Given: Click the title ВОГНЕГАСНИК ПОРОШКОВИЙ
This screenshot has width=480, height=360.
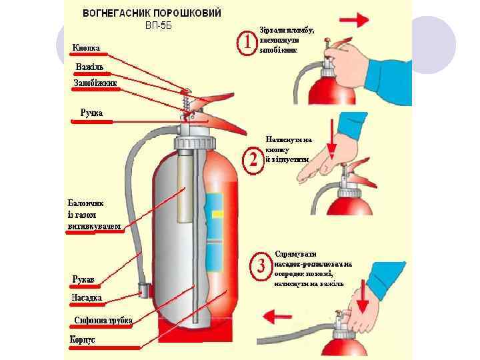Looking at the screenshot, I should [152, 13].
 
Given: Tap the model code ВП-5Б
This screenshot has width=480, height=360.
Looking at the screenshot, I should [159, 26].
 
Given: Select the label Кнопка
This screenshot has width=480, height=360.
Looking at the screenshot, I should [87, 48].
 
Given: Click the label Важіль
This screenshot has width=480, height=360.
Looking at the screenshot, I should [89, 68].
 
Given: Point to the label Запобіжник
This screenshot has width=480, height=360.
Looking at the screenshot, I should [95, 83].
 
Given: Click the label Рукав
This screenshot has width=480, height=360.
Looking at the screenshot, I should [84, 279].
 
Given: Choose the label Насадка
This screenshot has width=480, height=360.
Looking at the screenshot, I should [87, 298].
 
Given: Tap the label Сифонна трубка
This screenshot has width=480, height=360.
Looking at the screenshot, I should [103, 321].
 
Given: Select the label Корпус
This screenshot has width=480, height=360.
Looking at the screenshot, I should [83, 339].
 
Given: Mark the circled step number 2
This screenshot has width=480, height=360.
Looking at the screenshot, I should [254, 160].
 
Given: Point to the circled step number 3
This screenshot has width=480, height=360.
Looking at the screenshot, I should [260, 267].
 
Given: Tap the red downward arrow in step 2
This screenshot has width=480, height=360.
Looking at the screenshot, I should [334, 137].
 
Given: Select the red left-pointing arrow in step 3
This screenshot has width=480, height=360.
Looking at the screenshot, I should [287, 314].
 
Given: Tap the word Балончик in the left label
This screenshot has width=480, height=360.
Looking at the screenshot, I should [85, 203].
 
